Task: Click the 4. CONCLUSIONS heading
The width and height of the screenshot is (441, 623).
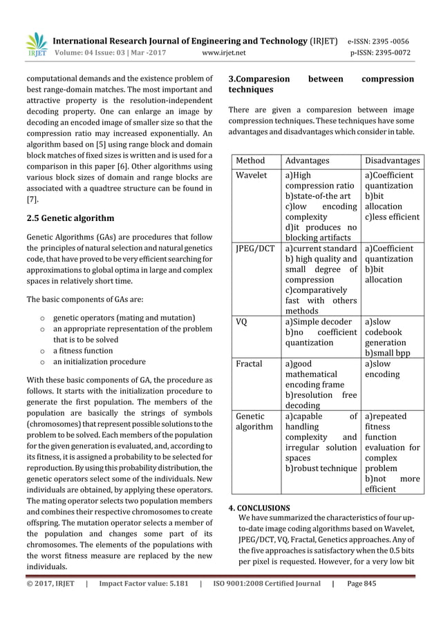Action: pos(260,508)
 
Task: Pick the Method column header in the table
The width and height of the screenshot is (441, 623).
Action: pos(250,160)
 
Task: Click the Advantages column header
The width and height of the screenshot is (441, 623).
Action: pos(308,160)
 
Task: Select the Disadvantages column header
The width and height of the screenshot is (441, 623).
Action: pos(392,160)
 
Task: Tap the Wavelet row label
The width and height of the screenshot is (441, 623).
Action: pos(252,175)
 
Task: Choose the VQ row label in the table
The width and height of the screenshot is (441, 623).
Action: pos(242,321)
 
